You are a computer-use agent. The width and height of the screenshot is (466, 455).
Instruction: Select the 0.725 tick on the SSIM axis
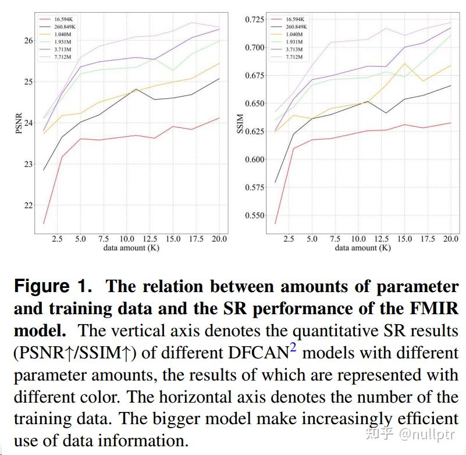(x=254, y=20)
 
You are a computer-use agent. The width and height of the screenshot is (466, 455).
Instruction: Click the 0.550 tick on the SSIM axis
(x=254, y=215)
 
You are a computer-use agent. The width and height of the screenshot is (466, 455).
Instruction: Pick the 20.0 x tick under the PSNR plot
(x=219, y=239)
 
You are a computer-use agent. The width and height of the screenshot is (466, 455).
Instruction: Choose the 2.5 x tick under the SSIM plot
(x=289, y=239)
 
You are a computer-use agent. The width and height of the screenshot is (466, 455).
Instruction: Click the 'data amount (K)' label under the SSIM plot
(x=362, y=248)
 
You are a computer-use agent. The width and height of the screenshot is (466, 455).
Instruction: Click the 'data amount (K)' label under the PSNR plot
(x=131, y=248)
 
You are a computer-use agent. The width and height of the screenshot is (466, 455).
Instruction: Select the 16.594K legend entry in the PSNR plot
(x=62, y=19)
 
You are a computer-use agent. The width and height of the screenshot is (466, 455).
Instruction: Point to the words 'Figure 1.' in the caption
(x=52, y=286)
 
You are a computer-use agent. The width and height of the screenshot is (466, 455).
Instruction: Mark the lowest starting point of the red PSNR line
(x=44, y=223)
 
